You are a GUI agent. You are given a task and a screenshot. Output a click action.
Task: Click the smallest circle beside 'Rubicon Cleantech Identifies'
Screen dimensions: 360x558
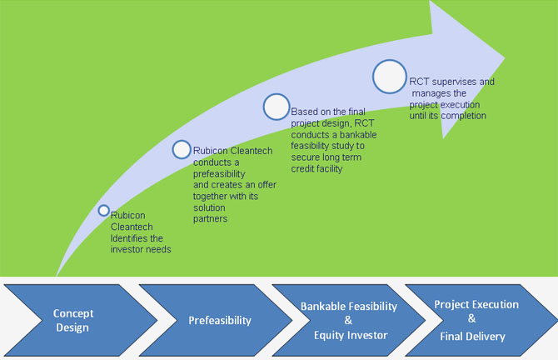point(103,210)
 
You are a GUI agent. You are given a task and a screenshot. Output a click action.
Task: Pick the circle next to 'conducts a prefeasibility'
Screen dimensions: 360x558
point(182,149)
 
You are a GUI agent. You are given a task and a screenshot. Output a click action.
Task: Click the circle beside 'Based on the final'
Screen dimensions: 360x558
point(277,107)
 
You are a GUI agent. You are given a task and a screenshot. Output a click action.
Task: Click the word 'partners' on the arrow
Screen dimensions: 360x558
point(212,218)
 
